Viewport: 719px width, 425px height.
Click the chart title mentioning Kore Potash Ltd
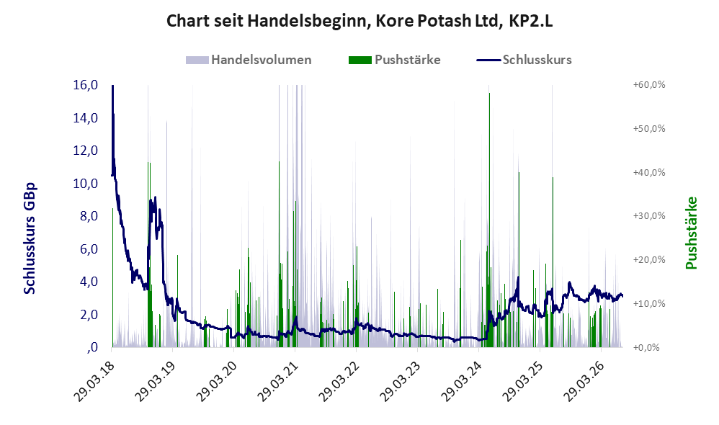pos(359,21)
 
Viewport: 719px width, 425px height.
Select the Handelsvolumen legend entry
pos(249,60)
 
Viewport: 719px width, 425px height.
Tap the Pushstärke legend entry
pos(394,60)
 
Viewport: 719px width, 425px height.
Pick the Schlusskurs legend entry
pos(524,60)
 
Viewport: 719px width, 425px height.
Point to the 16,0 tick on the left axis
pos(86,85)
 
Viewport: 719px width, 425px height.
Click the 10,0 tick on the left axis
pos(86,184)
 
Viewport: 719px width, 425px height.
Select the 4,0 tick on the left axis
pos(89,282)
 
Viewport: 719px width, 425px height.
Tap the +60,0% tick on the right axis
pos(649,85)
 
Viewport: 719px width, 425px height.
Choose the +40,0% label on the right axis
pos(649,172)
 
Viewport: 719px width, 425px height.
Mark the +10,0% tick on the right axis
pos(649,303)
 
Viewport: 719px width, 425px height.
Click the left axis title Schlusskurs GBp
pos(30,238)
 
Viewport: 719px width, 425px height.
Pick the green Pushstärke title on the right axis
pos(691,233)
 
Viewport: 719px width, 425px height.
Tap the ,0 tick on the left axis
pos(92,347)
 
